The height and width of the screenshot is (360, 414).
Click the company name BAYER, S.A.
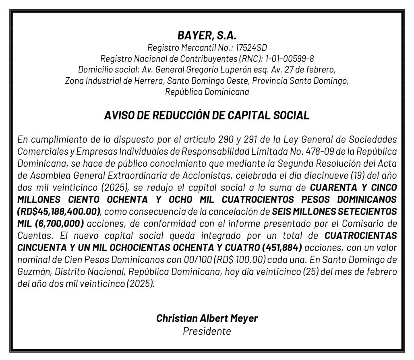(x=207, y=35)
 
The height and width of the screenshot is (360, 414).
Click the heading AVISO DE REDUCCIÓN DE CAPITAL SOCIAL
(x=207, y=116)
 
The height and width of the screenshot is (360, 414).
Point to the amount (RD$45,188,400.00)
(x=59, y=211)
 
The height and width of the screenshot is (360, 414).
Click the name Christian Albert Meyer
(x=207, y=318)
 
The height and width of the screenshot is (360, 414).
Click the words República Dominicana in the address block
(x=207, y=92)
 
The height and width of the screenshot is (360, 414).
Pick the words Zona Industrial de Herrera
(x=114, y=81)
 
